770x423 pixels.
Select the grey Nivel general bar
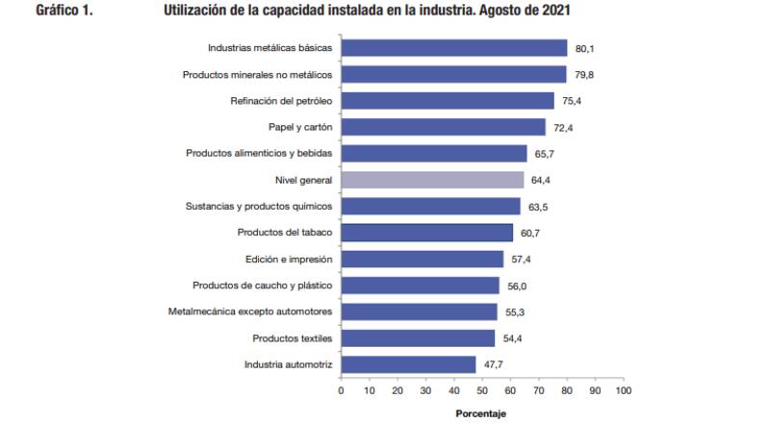click(433, 180)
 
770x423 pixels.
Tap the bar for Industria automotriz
click(409, 364)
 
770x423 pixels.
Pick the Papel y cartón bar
click(444, 127)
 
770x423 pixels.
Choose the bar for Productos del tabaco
click(427, 233)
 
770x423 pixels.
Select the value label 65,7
click(544, 154)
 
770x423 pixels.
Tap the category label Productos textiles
click(292, 338)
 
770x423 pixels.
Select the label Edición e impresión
click(289, 259)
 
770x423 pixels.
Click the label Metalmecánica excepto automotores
click(250, 311)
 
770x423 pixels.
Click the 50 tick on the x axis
click(482, 391)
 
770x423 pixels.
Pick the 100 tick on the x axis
click(623, 391)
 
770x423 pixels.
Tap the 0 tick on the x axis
click(342, 391)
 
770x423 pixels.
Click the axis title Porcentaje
click(481, 414)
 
